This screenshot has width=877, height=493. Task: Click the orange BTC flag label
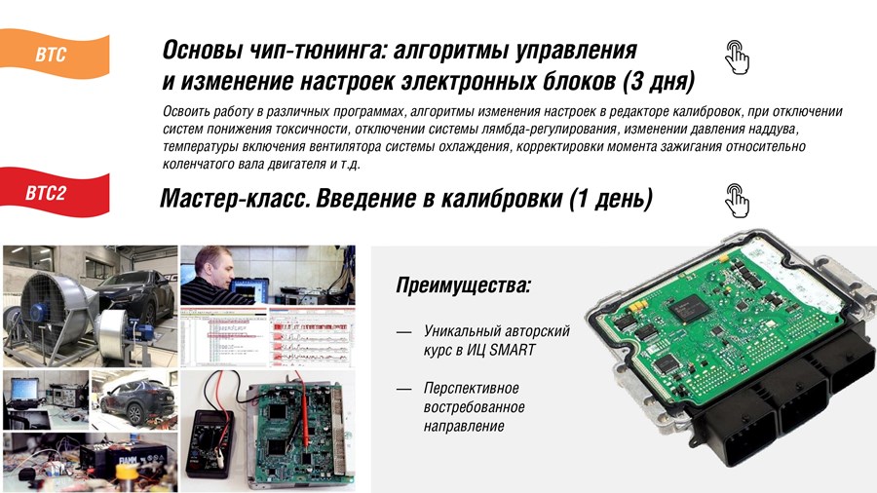(55, 55)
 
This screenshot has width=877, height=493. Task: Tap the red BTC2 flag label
(55, 192)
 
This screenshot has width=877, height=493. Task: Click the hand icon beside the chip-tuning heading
(737, 57)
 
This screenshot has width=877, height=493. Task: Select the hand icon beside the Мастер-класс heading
(737, 200)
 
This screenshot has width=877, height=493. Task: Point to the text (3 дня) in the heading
(659, 82)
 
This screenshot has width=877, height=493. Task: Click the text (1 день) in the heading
(611, 199)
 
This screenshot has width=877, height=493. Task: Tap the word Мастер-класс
(235, 199)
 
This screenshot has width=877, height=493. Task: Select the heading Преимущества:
(463, 285)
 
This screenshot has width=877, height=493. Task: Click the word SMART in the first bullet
(513, 350)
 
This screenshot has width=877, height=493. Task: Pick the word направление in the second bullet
(464, 426)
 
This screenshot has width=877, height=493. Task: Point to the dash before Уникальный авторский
(403, 332)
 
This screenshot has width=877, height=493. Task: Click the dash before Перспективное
(403, 389)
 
